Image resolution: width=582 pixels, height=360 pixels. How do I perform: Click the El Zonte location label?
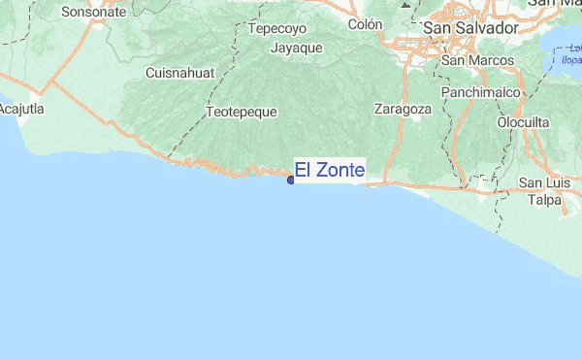[330, 171]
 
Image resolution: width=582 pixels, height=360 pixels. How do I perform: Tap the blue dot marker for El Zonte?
[291, 179]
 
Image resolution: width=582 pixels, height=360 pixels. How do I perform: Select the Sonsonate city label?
[93, 13]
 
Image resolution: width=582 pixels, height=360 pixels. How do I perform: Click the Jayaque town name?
[297, 48]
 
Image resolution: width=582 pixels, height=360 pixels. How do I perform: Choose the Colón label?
[366, 23]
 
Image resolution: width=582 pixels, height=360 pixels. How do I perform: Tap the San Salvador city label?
[470, 29]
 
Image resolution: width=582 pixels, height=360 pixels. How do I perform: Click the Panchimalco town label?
[481, 92]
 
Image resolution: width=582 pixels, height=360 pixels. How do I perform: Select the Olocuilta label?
[524, 122]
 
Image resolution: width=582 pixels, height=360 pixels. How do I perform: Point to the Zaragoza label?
[403, 109]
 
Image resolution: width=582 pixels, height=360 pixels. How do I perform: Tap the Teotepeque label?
[242, 112]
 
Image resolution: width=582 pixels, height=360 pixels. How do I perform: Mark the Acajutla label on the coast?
[22, 110]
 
